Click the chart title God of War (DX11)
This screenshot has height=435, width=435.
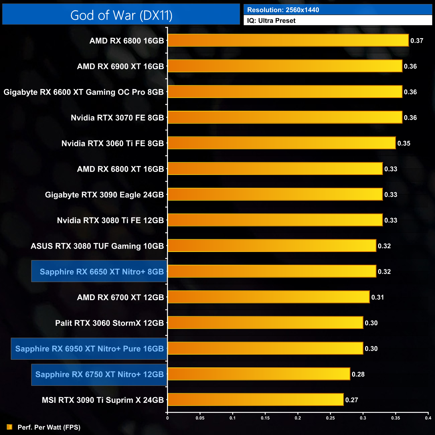click(121, 15)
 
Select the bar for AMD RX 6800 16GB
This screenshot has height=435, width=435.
click(288, 40)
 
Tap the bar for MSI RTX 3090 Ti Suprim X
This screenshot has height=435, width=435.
click(255, 400)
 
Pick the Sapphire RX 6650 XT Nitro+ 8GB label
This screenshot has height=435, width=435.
click(102, 271)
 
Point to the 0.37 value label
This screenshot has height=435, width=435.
click(417, 41)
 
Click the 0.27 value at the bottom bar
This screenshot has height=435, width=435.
click(352, 400)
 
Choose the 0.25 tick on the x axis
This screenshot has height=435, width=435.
click(330, 418)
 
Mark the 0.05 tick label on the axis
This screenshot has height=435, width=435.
click(200, 418)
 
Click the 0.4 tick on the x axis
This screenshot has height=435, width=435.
click(428, 418)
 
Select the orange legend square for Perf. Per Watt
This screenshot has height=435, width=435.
click(9, 427)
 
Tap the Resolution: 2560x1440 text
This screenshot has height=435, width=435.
click(283, 10)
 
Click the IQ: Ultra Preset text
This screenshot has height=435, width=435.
click(271, 21)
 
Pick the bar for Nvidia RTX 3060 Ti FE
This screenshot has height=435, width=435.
click(281, 143)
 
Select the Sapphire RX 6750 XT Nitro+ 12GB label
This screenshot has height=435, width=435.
click(99, 374)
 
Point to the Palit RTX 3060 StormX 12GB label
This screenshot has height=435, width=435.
click(109, 323)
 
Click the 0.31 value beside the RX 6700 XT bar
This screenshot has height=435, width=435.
click(378, 297)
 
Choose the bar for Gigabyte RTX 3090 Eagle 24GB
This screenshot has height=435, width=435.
click(275, 194)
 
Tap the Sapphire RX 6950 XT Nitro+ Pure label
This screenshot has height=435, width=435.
click(89, 349)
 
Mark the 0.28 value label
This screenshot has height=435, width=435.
click(358, 374)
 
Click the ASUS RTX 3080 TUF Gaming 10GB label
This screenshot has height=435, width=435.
click(97, 246)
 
